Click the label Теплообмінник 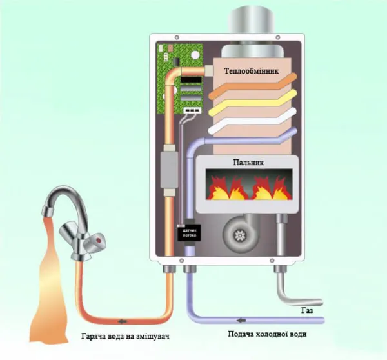[x=252, y=70]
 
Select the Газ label [x=308, y=311]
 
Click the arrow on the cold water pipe [x=241, y=319]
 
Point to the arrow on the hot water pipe [x=122, y=320]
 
